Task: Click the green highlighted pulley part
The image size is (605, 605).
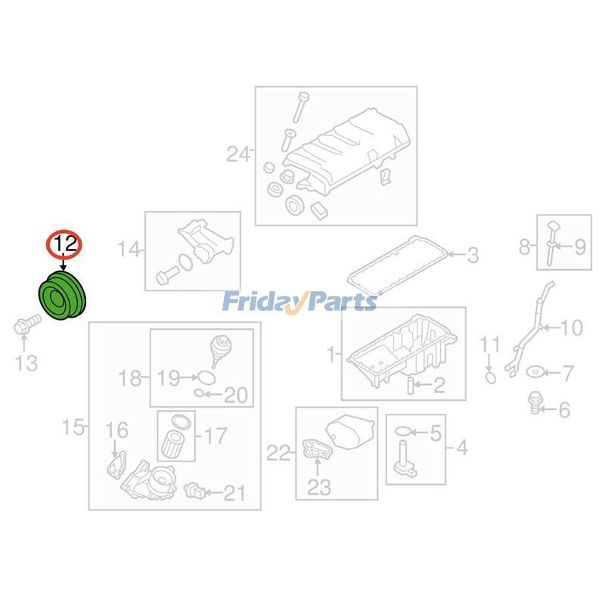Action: click(63, 296)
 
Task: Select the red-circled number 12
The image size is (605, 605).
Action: click(64, 244)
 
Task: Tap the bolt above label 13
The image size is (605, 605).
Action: click(27, 325)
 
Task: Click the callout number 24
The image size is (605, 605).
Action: click(238, 154)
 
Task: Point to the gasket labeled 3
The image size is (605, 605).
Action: click(398, 264)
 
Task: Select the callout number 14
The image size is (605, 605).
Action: click(128, 250)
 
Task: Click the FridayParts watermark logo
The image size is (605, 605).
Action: click(299, 301)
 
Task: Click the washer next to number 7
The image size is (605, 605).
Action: click(535, 372)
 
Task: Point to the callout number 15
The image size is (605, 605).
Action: click(73, 427)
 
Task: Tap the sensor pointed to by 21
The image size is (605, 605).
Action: click(194, 490)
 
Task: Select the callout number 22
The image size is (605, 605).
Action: click(278, 452)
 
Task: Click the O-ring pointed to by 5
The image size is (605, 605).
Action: click(403, 431)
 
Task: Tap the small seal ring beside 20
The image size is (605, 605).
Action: click(199, 393)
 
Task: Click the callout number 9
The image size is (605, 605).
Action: click(580, 247)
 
